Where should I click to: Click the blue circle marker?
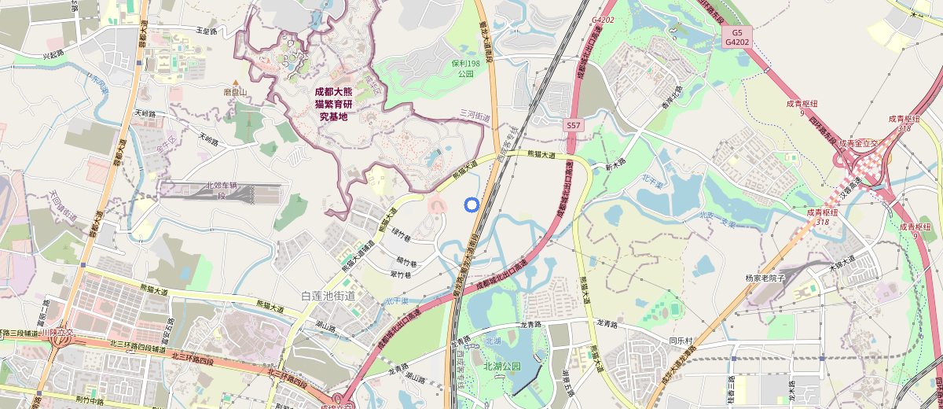click(472, 204)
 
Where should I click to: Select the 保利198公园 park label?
click(464, 68)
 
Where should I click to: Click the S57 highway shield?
click(574, 125)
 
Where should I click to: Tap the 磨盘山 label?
click(235, 92)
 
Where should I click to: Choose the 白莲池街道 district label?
click(328, 296)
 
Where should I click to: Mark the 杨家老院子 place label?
click(765, 278)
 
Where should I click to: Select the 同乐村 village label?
click(681, 341)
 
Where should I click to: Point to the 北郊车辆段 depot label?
click(222, 190)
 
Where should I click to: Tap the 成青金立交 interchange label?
click(859, 143)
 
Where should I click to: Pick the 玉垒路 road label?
click(206, 31)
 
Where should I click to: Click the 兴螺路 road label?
click(53, 55)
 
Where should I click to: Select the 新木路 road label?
click(614, 167)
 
